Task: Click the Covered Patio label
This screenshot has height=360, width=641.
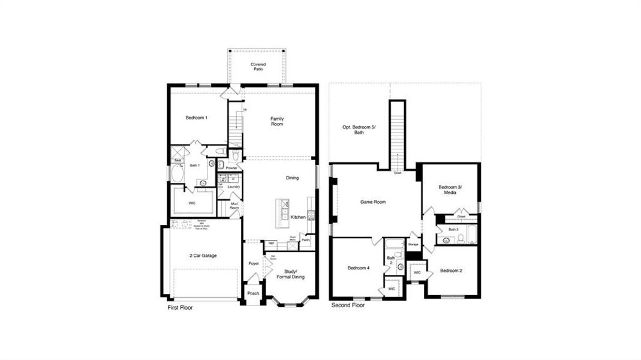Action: [x=258, y=67]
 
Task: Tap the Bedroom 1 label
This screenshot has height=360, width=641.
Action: [x=196, y=118]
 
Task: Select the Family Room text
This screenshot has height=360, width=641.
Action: [x=276, y=121]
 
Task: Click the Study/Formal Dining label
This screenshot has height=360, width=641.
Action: [x=290, y=274]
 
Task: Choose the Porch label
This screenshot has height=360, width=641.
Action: [x=253, y=293]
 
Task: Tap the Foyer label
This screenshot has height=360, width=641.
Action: [x=253, y=263]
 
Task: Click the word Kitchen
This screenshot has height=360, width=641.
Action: [x=298, y=217]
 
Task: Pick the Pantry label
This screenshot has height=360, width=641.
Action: [x=306, y=240]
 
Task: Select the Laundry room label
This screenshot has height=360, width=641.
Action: [x=234, y=187]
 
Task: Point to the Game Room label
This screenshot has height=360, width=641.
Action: [x=373, y=202]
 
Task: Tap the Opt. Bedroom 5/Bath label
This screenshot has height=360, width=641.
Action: [x=355, y=130]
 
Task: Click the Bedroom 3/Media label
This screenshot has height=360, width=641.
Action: [x=451, y=190]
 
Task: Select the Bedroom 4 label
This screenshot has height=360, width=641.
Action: [x=359, y=268]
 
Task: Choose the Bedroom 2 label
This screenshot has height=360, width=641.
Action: [x=451, y=271]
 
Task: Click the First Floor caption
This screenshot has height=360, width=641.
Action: [x=180, y=307]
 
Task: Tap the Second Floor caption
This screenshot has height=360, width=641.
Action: [x=348, y=305]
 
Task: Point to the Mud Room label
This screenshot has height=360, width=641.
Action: [x=235, y=207]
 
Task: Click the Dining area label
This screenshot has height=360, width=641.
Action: [x=292, y=178]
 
